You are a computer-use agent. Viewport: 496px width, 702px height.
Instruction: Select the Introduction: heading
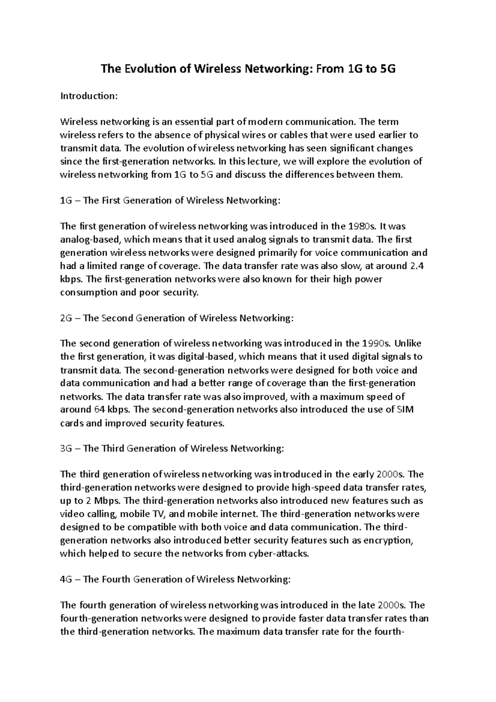pos(89,96)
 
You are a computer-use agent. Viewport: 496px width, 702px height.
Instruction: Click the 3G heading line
pos(172,449)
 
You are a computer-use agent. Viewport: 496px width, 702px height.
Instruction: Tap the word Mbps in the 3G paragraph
pos(107,501)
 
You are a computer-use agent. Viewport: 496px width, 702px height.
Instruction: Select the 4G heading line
pos(175,579)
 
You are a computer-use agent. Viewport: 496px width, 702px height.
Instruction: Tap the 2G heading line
pos(177,318)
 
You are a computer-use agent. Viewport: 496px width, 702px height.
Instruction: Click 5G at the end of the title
pos(387,69)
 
